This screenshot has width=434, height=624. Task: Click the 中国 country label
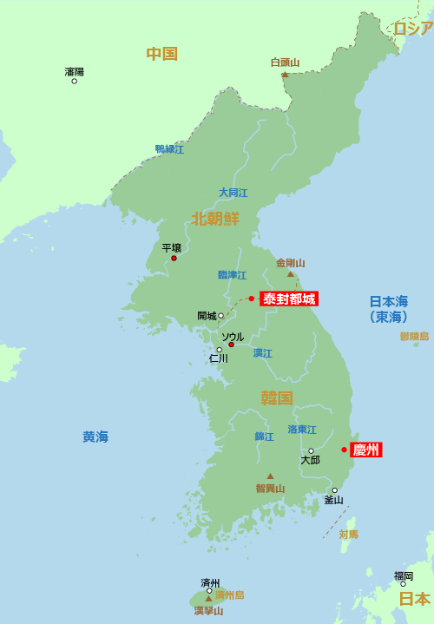pos(161,54)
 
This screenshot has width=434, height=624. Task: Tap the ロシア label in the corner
pos(412,29)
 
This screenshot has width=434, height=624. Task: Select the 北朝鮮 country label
pos(215,219)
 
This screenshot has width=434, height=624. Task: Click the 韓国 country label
pos(277,398)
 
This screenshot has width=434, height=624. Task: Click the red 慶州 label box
pos(365,450)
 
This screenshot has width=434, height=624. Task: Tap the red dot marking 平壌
pos(174,258)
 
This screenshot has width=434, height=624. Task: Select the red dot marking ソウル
pos(231,345)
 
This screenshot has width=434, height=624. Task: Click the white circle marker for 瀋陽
pos(74,81)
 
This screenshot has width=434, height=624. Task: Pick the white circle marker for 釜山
pos(334,490)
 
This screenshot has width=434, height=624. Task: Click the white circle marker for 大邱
pos(311,450)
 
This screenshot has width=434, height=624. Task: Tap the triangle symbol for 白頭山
pos(285,74)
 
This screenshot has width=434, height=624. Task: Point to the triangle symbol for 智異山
pos(270,476)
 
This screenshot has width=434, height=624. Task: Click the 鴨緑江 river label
pos(169,149)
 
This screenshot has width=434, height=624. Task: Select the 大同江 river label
pos(233,193)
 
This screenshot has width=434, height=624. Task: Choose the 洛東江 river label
pos(302,430)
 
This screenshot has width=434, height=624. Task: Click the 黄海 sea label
pos(95,437)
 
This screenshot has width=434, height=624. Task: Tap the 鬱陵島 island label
pos(414,336)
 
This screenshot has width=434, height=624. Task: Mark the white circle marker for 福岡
pos(403,584)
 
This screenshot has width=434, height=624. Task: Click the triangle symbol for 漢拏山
pos(208,598)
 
